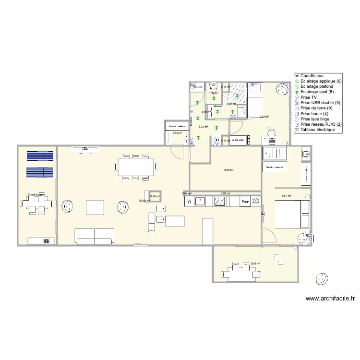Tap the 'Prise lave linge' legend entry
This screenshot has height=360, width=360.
tap(314, 119)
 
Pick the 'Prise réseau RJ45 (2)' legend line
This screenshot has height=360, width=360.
tap(320, 124)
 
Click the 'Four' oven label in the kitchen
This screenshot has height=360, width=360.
tap(245, 202)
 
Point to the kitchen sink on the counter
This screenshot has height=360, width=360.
tap(200, 202)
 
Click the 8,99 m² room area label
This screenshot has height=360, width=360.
tap(230, 170)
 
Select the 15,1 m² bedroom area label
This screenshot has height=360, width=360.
tap(287, 196)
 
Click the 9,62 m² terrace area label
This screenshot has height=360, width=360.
tap(255, 264)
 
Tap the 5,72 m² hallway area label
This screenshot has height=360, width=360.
tap(203, 127)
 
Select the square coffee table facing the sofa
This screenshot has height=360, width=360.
tap(94, 207)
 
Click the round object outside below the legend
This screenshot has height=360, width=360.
tap(321, 278)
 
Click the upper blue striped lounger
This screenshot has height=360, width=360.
tap(40, 156)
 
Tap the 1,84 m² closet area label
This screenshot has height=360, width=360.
tap(177, 133)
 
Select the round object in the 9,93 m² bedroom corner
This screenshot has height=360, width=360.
tap(282, 89)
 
